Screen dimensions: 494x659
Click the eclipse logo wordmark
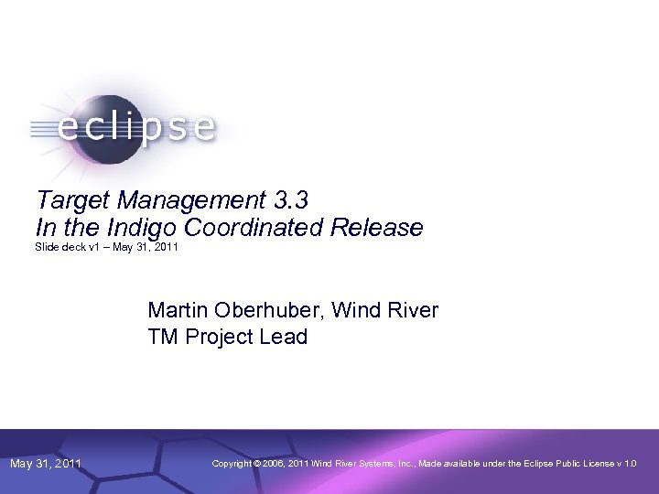coord(137,127)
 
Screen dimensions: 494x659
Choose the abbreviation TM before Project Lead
coord(163,337)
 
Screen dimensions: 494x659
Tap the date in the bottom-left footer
coord(46,464)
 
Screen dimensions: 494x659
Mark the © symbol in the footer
coord(257,464)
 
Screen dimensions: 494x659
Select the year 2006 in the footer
coord(273,464)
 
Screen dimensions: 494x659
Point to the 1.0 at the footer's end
coord(630,464)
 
